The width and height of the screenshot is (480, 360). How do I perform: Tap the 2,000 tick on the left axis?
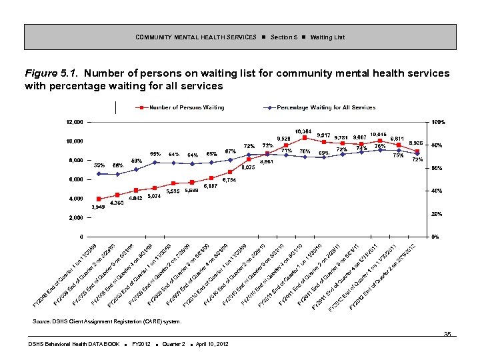tap(75, 218)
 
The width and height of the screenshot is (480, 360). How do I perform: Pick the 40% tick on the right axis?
tap(436, 191)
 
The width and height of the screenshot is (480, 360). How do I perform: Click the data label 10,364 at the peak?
tap(304, 130)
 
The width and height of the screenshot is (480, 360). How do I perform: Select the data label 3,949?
tap(99, 207)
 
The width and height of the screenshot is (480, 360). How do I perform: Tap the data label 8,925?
tap(417, 143)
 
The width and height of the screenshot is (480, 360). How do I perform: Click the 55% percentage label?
tap(99, 165)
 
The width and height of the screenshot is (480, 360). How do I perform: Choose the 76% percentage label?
tap(380, 146)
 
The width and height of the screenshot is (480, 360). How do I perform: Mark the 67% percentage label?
tap(231, 151)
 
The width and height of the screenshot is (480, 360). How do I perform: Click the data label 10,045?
tap(379, 134)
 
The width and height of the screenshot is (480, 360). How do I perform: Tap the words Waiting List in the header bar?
tap(327, 37)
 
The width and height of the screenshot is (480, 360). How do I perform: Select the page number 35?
tap(447, 335)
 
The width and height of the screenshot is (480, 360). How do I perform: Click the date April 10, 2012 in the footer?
tap(211, 343)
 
